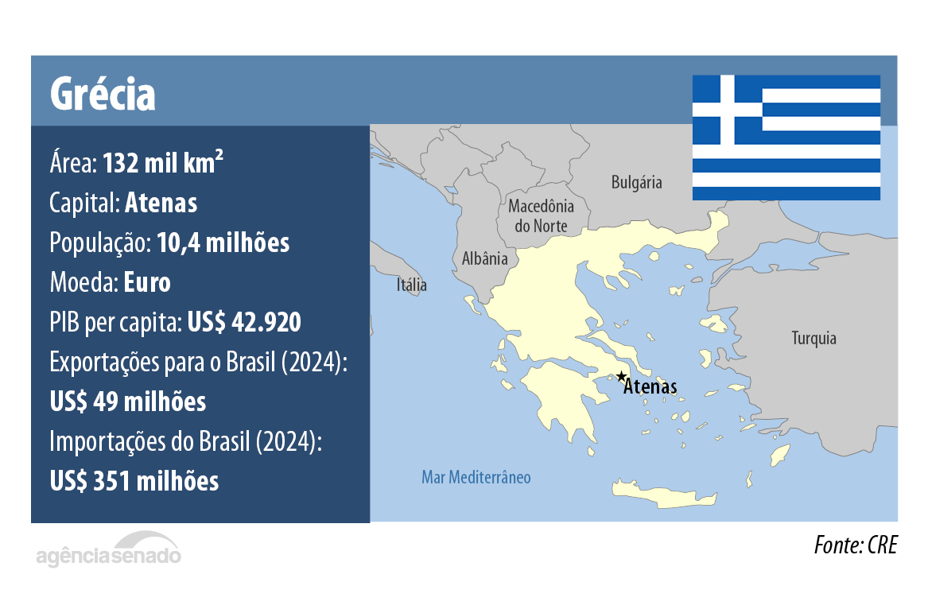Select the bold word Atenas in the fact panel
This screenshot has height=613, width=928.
161,204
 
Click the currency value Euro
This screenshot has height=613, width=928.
147,282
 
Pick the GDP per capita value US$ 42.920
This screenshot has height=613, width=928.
244,322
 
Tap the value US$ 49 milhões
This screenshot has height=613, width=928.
128,402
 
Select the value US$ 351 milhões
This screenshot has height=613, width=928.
134,480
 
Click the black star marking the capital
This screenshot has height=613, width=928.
621,376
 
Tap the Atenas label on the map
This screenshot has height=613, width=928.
650,388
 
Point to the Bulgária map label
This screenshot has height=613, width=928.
636,183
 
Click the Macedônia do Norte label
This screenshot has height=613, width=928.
541,215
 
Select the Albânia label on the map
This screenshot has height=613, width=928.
484,258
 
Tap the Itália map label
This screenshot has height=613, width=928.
412,285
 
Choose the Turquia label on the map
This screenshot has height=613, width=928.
813,339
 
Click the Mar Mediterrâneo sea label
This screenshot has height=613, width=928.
476,478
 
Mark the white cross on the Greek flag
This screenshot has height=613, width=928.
728,110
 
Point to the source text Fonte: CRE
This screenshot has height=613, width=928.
855,546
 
